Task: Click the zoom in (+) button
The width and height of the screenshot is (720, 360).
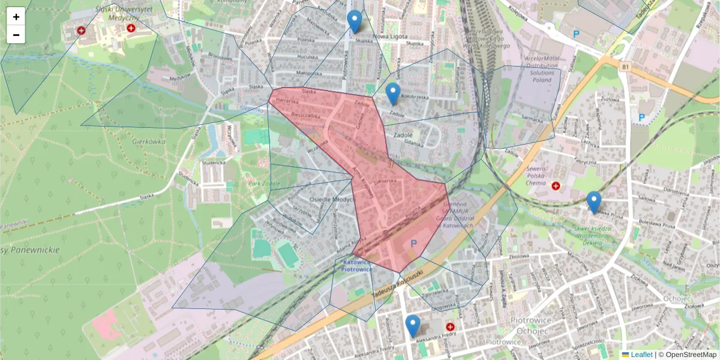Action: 16,17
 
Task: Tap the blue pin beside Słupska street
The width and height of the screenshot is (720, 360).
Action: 355,22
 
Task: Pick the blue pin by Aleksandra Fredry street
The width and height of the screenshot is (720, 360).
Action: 412,326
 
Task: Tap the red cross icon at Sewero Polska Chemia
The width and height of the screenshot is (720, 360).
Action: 556,187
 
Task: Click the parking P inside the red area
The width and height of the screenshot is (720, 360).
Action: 412,244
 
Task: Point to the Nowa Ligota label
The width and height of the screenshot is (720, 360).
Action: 390,35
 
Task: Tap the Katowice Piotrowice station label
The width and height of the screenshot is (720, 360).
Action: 357,266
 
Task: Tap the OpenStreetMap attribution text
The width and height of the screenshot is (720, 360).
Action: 691,355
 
